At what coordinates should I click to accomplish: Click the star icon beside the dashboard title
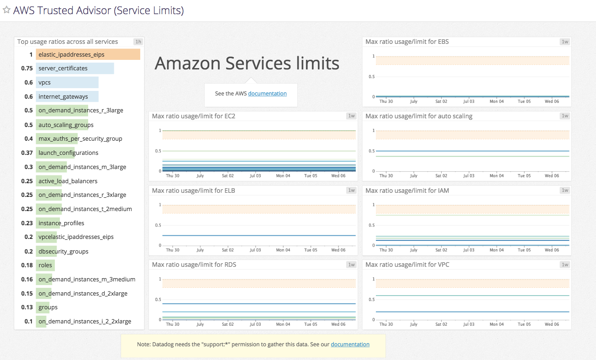click(x=6, y=10)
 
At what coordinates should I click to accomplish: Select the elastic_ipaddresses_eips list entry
click(x=71, y=55)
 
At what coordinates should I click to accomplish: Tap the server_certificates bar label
click(x=63, y=69)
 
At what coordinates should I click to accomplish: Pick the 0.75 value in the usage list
click(x=27, y=69)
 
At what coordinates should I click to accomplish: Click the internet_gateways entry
click(x=63, y=97)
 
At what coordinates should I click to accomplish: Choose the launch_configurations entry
click(x=69, y=153)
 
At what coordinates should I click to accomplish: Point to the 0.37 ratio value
click(x=27, y=153)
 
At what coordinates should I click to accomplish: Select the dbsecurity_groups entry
click(x=63, y=252)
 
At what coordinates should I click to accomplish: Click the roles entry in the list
click(x=45, y=265)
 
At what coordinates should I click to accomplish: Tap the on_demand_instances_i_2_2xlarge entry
click(x=84, y=322)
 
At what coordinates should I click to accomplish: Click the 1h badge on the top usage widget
click(x=138, y=42)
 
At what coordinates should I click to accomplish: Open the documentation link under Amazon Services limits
click(x=267, y=94)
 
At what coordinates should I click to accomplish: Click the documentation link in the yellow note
click(x=350, y=344)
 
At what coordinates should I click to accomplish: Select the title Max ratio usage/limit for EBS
click(x=407, y=42)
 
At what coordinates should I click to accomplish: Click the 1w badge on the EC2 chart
click(x=351, y=116)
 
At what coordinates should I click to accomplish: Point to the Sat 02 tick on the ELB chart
click(x=228, y=250)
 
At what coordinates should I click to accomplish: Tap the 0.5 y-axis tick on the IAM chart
click(x=372, y=225)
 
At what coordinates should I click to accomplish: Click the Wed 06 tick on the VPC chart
click(x=552, y=324)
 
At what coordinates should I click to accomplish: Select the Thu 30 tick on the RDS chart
click(x=173, y=324)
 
